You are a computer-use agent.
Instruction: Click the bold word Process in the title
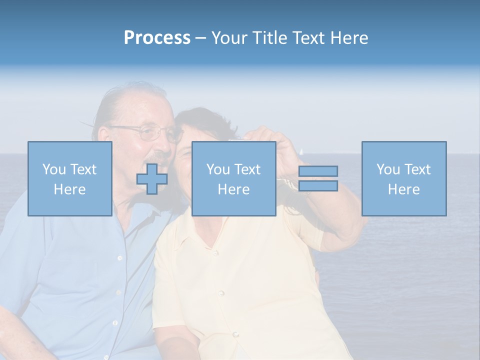pyautogui.click(x=157, y=38)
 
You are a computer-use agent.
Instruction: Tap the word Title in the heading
pyautogui.click(x=268, y=38)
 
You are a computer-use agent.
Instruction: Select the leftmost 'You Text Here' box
pyautogui.click(x=69, y=178)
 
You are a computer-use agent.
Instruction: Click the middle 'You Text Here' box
pyautogui.click(x=233, y=178)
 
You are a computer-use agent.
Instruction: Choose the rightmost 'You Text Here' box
pyautogui.click(x=403, y=178)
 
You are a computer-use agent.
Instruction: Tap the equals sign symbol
pyautogui.click(x=318, y=178)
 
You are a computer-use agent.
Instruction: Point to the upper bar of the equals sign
pyautogui.click(x=318, y=171)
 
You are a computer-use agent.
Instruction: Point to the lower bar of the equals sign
pyautogui.click(x=318, y=186)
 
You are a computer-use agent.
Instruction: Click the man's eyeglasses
pyautogui.click(x=150, y=132)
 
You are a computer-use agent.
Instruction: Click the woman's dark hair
pyautogui.click(x=205, y=120)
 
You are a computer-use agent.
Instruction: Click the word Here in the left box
pyautogui.click(x=69, y=189)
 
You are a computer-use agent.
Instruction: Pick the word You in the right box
pyautogui.click(x=387, y=169)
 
